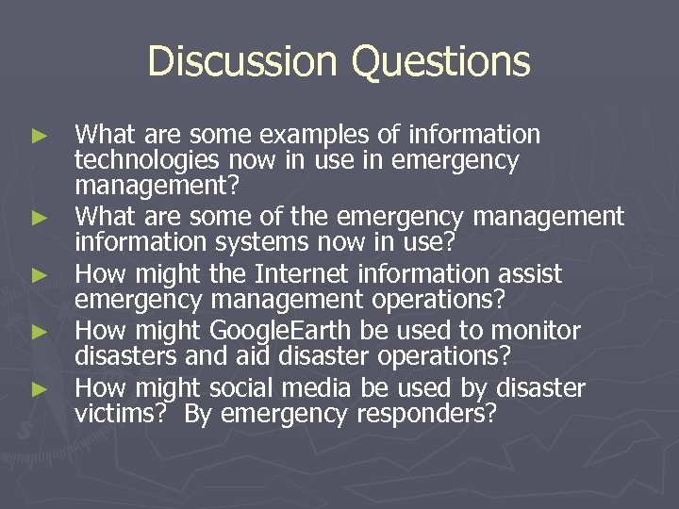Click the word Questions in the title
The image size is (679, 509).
(440, 62)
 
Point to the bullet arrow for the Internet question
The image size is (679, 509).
(38, 275)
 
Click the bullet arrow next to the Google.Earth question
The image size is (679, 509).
(38, 332)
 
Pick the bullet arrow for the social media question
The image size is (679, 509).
(38, 388)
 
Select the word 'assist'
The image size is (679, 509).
(531, 274)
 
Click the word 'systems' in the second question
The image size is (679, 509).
(253, 243)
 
